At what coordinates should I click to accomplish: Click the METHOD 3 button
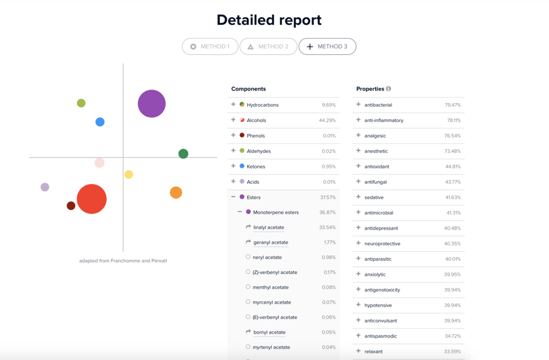(328, 46)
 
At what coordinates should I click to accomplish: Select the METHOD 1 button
(210, 46)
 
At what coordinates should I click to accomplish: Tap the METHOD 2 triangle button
(269, 46)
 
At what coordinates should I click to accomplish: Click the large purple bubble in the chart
(152, 104)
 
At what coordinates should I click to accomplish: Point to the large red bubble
(92, 199)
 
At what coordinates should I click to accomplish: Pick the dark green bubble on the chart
(183, 153)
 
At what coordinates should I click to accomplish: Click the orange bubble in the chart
(176, 193)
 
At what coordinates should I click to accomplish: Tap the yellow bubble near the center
(129, 174)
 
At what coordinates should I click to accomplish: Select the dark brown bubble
(71, 206)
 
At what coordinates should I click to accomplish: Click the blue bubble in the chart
(100, 122)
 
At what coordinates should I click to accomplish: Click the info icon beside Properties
(388, 89)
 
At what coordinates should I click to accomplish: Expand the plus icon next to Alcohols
(233, 120)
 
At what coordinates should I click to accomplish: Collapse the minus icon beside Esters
(233, 197)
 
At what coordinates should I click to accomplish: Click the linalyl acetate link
(269, 227)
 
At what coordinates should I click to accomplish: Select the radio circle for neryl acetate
(248, 257)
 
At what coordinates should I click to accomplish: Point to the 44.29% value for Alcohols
(328, 120)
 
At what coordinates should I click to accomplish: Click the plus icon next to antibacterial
(358, 105)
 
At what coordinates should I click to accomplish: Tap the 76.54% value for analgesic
(452, 136)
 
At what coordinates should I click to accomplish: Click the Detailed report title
(269, 20)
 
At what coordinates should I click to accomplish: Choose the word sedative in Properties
(374, 197)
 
